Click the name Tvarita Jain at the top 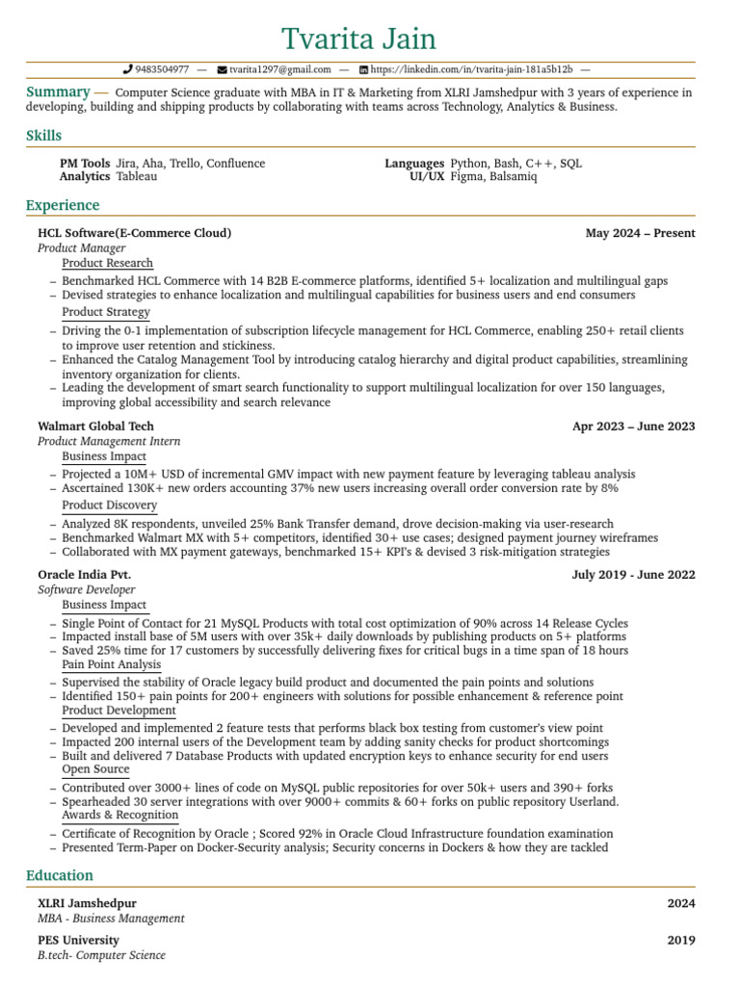pyautogui.click(x=358, y=39)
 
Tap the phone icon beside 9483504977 pyautogui.click(x=128, y=70)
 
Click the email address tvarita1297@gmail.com pyautogui.click(x=279, y=70)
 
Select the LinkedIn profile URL pyautogui.click(x=471, y=70)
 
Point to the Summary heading pyautogui.click(x=58, y=92)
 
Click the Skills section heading pyautogui.click(x=43, y=136)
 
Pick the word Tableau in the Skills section pyautogui.click(x=136, y=177)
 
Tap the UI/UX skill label pyautogui.click(x=427, y=177)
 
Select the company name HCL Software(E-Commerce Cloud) pyautogui.click(x=134, y=233)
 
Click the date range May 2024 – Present pyautogui.click(x=640, y=233)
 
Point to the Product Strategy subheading pyautogui.click(x=106, y=312)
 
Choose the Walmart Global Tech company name pyautogui.click(x=95, y=427)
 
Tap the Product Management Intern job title pyautogui.click(x=109, y=441)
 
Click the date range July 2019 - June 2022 pyautogui.click(x=633, y=575)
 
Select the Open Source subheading pyautogui.click(x=95, y=769)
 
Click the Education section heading pyautogui.click(x=60, y=875)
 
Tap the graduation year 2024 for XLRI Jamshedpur pyautogui.click(x=680, y=904)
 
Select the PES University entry pyautogui.click(x=78, y=941)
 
